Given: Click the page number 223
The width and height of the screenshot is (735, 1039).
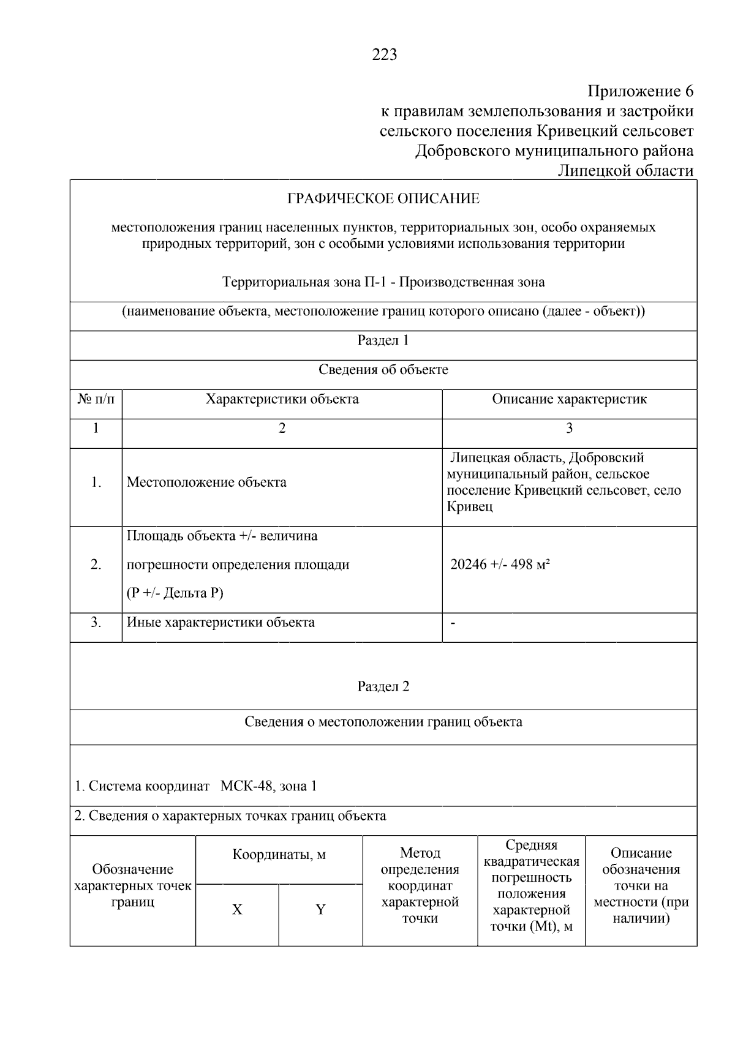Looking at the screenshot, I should [384, 55].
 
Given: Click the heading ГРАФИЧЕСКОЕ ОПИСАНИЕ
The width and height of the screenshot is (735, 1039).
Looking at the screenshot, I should [383, 199].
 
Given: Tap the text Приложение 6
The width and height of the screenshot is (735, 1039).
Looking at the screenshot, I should [640, 92].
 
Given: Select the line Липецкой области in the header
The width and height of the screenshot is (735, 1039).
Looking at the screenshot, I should [625, 171].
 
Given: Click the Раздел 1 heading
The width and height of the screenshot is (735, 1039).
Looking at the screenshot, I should [383, 340].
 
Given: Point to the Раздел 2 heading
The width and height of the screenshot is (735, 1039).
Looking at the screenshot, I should [383, 686].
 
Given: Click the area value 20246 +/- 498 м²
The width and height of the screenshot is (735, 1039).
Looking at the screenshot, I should [500, 565].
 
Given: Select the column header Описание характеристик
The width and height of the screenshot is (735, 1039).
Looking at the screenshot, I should [569, 399].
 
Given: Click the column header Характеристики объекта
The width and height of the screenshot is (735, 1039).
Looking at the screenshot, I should [282, 399].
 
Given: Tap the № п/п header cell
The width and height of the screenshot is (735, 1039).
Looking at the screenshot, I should [96, 399].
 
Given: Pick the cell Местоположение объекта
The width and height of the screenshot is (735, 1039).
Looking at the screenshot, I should [206, 482].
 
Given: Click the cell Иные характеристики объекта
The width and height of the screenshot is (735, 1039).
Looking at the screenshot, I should [221, 623].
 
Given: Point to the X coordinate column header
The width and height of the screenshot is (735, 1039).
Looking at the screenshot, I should [237, 910].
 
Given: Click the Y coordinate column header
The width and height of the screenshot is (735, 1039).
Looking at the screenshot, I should [320, 910].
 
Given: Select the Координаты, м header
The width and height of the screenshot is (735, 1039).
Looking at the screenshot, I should [279, 855].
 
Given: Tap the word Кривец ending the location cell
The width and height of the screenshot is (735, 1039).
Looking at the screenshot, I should [469, 507].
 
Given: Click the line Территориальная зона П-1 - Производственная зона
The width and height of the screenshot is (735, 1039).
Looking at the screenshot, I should [383, 282].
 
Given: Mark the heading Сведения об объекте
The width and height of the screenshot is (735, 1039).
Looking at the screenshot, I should [383, 370].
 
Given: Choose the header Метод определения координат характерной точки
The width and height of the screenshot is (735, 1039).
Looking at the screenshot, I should [420, 885].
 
